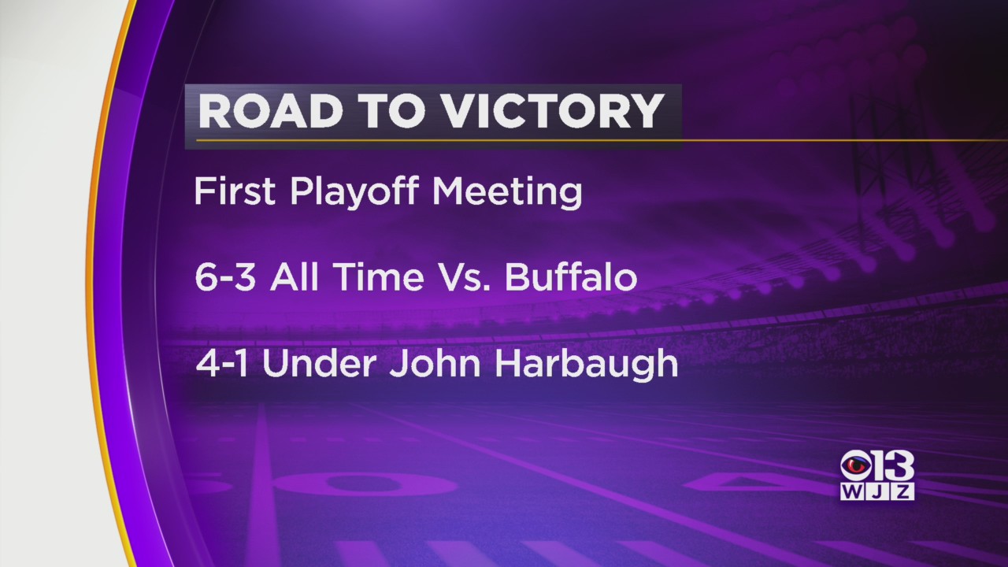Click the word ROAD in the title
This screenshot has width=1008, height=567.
coord(270,111)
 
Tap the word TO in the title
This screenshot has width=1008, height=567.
coord(393,111)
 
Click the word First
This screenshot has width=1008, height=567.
coord(235,191)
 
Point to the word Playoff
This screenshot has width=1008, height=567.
coord(354,192)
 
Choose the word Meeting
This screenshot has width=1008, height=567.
coord(507,192)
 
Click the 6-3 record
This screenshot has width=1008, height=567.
coord(225,276)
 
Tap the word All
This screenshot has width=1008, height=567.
coord(295,276)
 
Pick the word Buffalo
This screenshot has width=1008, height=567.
coord(571,276)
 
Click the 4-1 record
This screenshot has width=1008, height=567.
coord(222,363)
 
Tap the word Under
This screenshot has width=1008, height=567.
coord(319,363)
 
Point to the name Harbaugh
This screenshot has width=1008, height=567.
coord(586,366)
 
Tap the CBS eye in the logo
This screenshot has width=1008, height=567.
coord(856,467)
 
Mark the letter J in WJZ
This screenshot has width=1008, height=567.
coord(877,491)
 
